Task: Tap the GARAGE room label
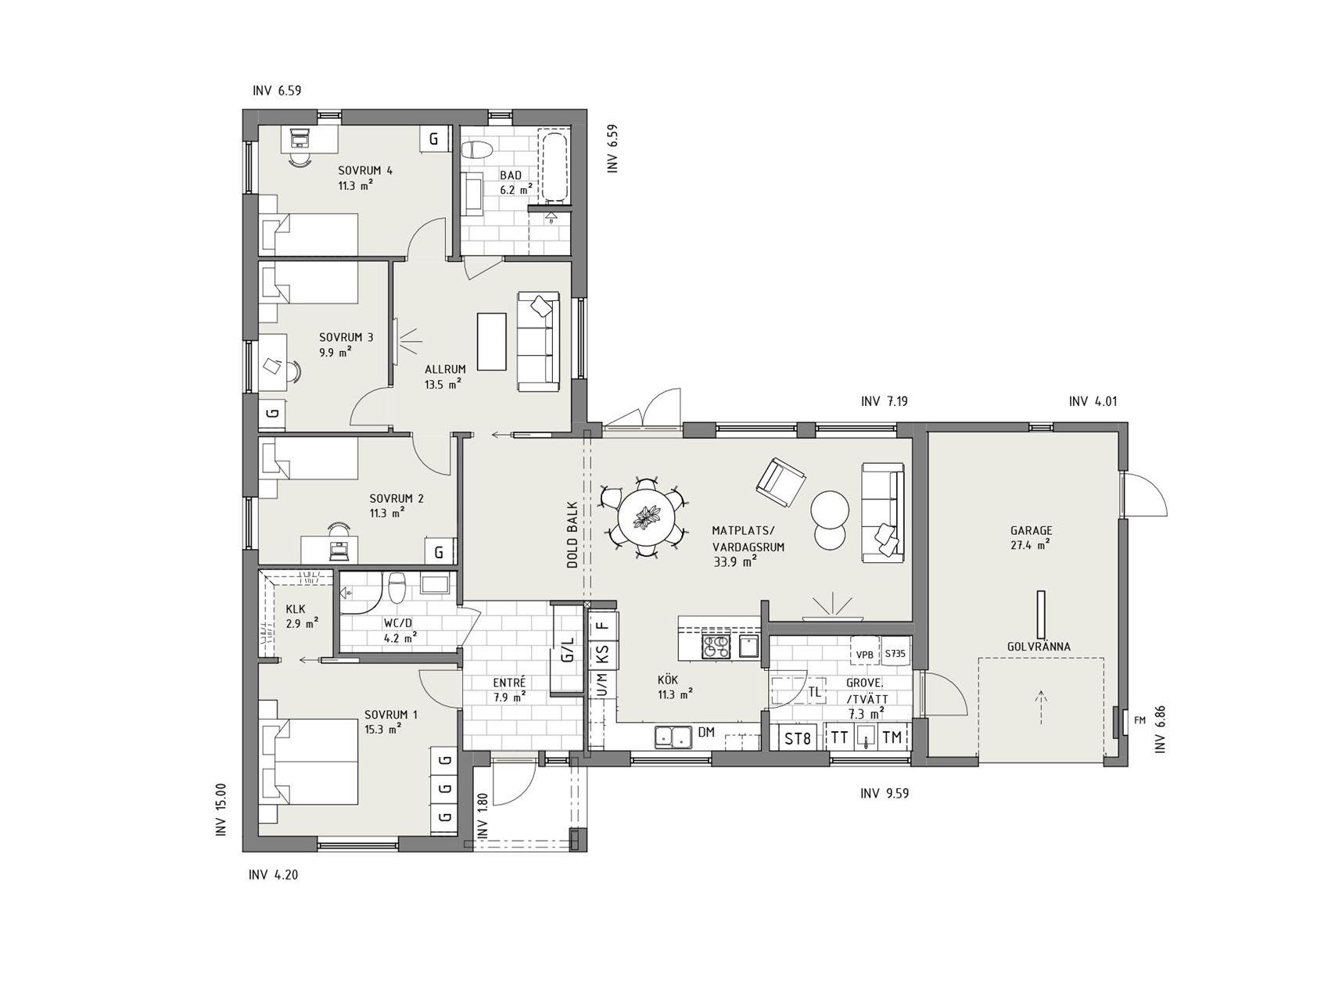click(1031, 530)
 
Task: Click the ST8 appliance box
click(798, 737)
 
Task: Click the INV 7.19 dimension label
click(884, 402)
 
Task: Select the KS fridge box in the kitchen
click(602, 652)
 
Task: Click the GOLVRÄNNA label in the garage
click(1039, 647)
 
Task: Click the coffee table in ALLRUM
click(492, 342)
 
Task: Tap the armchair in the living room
click(781, 479)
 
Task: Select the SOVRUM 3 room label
click(346, 337)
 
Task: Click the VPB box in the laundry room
click(864, 654)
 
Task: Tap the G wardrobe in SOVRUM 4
click(434, 139)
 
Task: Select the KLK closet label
click(296, 608)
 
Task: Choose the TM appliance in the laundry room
click(892, 737)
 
